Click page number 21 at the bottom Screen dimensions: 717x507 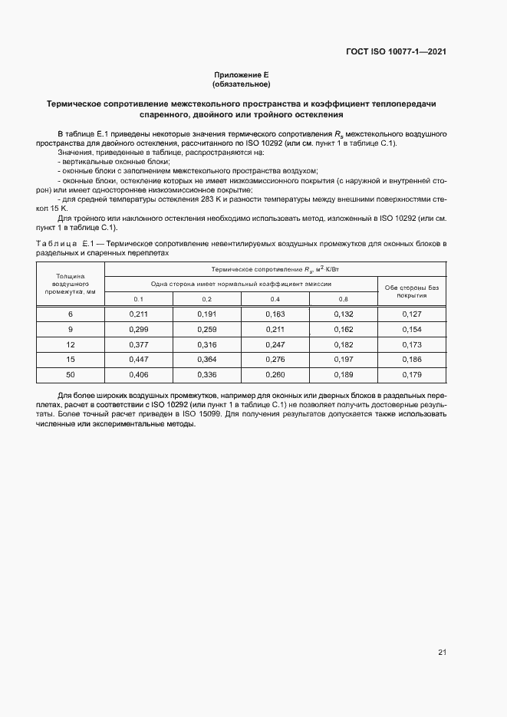point(442,653)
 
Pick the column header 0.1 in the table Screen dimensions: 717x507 point(138,298)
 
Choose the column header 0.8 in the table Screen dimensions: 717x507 point(343,298)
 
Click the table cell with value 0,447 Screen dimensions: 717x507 point(138,360)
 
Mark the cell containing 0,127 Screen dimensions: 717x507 point(412,314)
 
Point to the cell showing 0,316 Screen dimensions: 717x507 point(206,344)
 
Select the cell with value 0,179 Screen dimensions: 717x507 point(412,374)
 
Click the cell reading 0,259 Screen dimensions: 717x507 point(206,330)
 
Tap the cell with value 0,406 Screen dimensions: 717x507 point(138,374)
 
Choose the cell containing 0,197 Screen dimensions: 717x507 point(343,360)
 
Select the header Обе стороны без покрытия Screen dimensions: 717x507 point(412,290)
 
